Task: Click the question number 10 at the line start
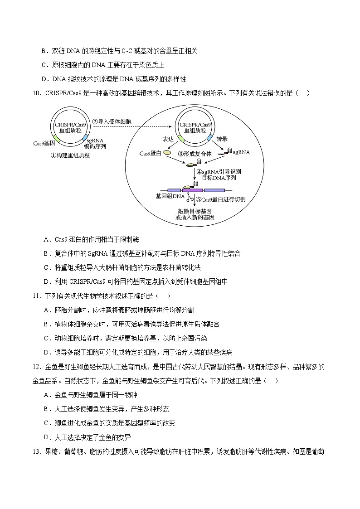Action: click(x=37, y=93)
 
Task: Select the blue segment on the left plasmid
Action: click(x=85, y=138)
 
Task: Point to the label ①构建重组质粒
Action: click(x=70, y=155)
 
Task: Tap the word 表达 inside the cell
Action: click(x=168, y=139)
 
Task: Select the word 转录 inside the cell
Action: click(x=222, y=139)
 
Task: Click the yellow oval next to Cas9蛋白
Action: click(x=167, y=154)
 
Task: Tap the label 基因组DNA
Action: click(x=170, y=196)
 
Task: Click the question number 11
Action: click(x=37, y=296)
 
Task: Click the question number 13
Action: click(x=37, y=451)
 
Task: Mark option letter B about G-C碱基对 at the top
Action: click(x=44, y=51)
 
